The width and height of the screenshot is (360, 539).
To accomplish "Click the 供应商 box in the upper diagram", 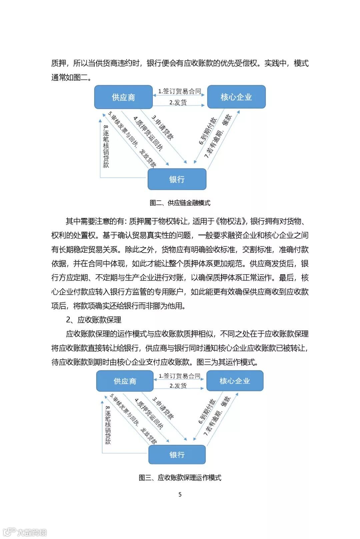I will coord(123,97).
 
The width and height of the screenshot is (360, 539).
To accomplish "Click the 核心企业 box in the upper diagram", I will coord(236,97).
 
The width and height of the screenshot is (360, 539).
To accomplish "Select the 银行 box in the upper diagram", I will coord(177,179).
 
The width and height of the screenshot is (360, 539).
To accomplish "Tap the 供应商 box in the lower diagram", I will coord(125,381).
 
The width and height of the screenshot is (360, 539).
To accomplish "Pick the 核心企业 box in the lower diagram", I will coord(235,381).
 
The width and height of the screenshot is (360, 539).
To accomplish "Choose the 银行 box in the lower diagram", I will coord(177,455).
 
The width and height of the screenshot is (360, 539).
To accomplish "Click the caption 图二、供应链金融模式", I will coord(180,203).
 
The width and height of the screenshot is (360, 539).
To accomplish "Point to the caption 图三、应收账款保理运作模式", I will coord(180,478).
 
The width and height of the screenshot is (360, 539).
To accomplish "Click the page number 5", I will coord(180,494).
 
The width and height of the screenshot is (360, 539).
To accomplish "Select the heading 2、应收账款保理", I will coord(94,320).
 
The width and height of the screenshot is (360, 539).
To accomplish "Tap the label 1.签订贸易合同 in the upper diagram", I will coord(180,91).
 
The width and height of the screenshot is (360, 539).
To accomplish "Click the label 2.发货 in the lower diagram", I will coord(178,386).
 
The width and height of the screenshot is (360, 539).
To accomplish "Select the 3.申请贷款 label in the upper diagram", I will coord(163,127).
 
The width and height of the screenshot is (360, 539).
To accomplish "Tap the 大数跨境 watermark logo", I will coord(25,532).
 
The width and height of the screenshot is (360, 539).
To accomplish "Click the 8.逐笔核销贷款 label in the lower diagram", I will coord(108,425).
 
